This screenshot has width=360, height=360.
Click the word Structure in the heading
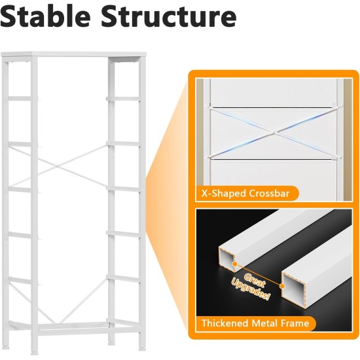point(169,16)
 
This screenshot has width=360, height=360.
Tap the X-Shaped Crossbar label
point(245,194)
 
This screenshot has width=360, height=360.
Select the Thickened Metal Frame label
point(255,323)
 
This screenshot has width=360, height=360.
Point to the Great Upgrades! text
point(251,286)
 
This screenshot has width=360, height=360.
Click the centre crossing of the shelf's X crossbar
point(57,166)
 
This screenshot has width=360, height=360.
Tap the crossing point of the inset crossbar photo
point(275,132)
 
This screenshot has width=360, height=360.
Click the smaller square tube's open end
point(227,259)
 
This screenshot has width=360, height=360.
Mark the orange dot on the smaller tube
point(234,264)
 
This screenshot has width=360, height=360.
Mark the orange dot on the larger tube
point(282,286)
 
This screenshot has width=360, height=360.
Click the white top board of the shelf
point(73,54)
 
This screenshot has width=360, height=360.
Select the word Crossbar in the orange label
point(269,194)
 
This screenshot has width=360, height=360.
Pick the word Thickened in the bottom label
point(225,323)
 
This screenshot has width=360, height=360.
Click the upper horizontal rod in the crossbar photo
point(274,107)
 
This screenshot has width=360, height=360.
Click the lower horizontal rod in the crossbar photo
point(274,158)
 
